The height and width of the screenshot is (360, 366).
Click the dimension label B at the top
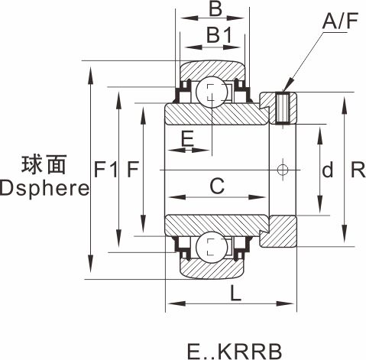point(215,9)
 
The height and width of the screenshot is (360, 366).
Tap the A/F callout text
point(340,21)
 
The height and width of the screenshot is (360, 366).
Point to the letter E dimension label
point(187,138)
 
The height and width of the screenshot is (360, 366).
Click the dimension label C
point(217,186)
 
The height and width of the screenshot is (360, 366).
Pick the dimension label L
point(235,293)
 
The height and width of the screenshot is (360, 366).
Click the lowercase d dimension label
point(327,170)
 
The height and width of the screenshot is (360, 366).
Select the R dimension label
point(358,170)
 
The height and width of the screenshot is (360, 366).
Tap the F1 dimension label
point(105,170)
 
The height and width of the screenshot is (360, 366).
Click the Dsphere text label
point(45,189)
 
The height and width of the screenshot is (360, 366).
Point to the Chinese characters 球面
point(44,164)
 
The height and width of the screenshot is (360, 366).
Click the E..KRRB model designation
point(235,352)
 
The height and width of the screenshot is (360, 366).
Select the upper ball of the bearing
point(212,92)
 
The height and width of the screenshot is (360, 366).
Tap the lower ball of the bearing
point(212,247)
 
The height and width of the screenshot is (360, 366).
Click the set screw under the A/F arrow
point(283,108)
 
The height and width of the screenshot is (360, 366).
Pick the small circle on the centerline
point(283,170)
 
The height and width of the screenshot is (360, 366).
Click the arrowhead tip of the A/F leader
point(283,91)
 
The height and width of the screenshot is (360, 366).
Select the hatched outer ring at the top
point(212,71)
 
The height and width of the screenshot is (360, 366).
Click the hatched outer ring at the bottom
point(212,268)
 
